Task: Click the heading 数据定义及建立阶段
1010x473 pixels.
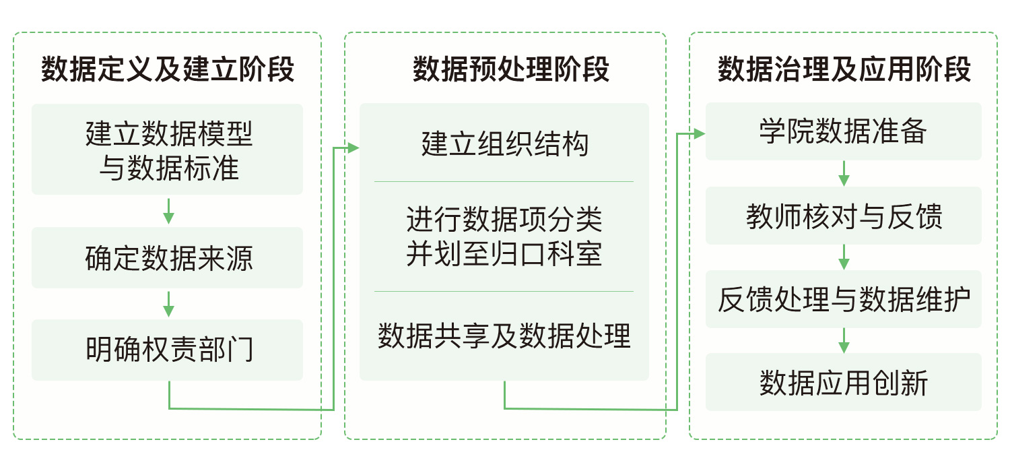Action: (168, 69)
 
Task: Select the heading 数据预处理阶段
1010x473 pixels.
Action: (505, 69)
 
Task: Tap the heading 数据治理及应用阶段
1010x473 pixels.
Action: (844, 69)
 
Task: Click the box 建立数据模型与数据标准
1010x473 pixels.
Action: (168, 150)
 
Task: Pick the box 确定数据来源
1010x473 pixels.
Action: (168, 258)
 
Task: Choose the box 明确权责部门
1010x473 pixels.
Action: (168, 350)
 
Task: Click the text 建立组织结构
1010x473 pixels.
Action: (505, 144)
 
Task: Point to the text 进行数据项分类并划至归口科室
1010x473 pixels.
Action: (505, 236)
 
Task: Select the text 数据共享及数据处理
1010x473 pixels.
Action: (505, 336)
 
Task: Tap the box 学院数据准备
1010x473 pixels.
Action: (844, 131)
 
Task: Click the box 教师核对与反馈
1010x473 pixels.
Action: (844, 217)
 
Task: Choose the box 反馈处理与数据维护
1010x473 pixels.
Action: (844, 300)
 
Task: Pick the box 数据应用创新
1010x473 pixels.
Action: (844, 382)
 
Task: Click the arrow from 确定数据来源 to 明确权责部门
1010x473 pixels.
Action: (169, 304)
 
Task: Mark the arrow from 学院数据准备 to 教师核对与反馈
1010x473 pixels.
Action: (844, 173)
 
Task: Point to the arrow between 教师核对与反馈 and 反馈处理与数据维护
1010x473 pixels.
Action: (844, 257)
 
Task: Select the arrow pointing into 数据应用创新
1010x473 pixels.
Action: (844, 340)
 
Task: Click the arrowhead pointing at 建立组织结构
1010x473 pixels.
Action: (354, 148)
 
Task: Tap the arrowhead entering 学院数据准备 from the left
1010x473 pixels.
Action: (700, 133)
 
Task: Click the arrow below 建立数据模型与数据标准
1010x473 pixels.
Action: (169, 211)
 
